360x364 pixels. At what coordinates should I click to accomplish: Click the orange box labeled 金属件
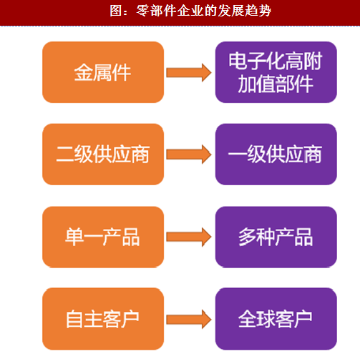(x=103, y=72)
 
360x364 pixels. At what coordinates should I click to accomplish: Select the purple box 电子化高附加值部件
(x=276, y=72)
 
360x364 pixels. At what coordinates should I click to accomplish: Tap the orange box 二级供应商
(x=103, y=154)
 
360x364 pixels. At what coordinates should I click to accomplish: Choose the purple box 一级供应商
(x=276, y=154)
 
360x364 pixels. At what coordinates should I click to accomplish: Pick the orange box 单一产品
(x=103, y=237)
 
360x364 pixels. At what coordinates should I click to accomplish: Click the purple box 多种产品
(x=276, y=237)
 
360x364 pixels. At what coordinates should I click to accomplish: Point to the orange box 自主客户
(x=103, y=319)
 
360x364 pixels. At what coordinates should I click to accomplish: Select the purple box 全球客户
(x=276, y=319)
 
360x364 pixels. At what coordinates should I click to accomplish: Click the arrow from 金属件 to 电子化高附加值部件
(x=189, y=72)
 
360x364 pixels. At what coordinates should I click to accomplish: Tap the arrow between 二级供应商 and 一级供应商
(x=189, y=154)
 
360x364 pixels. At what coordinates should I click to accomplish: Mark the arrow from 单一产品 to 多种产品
(x=189, y=237)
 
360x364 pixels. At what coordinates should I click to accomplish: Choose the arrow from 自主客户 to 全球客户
(x=189, y=319)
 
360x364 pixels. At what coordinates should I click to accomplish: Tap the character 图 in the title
(x=116, y=11)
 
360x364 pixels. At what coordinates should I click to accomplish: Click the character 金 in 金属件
(x=84, y=72)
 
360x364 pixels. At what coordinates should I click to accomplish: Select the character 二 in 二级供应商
(x=65, y=154)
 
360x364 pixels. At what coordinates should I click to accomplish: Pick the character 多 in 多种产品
(x=248, y=237)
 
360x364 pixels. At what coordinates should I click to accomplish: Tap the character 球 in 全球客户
(x=266, y=319)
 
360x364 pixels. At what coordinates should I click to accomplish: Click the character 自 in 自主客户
(x=74, y=319)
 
